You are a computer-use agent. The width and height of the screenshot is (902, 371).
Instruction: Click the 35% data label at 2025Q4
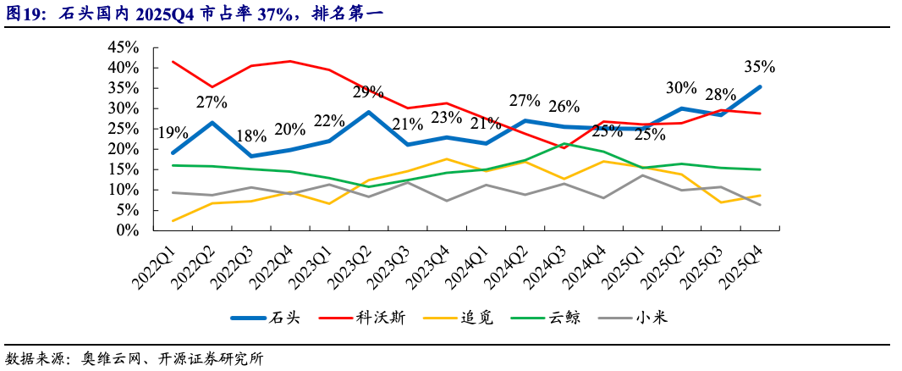759,67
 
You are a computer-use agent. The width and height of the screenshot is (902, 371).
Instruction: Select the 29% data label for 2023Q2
368,91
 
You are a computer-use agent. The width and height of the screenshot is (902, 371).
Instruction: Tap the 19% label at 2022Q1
173,132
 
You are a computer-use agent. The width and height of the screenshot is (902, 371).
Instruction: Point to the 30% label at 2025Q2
681,88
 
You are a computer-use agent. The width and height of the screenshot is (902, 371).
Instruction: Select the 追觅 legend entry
459,318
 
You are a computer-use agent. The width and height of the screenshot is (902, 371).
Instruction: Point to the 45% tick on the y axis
124,47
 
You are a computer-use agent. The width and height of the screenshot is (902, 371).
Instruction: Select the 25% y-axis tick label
124,128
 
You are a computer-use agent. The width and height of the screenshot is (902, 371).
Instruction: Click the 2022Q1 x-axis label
155,263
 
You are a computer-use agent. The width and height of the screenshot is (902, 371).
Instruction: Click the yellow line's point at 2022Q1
173,221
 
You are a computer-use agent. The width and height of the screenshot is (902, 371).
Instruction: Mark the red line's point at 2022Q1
173,62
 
